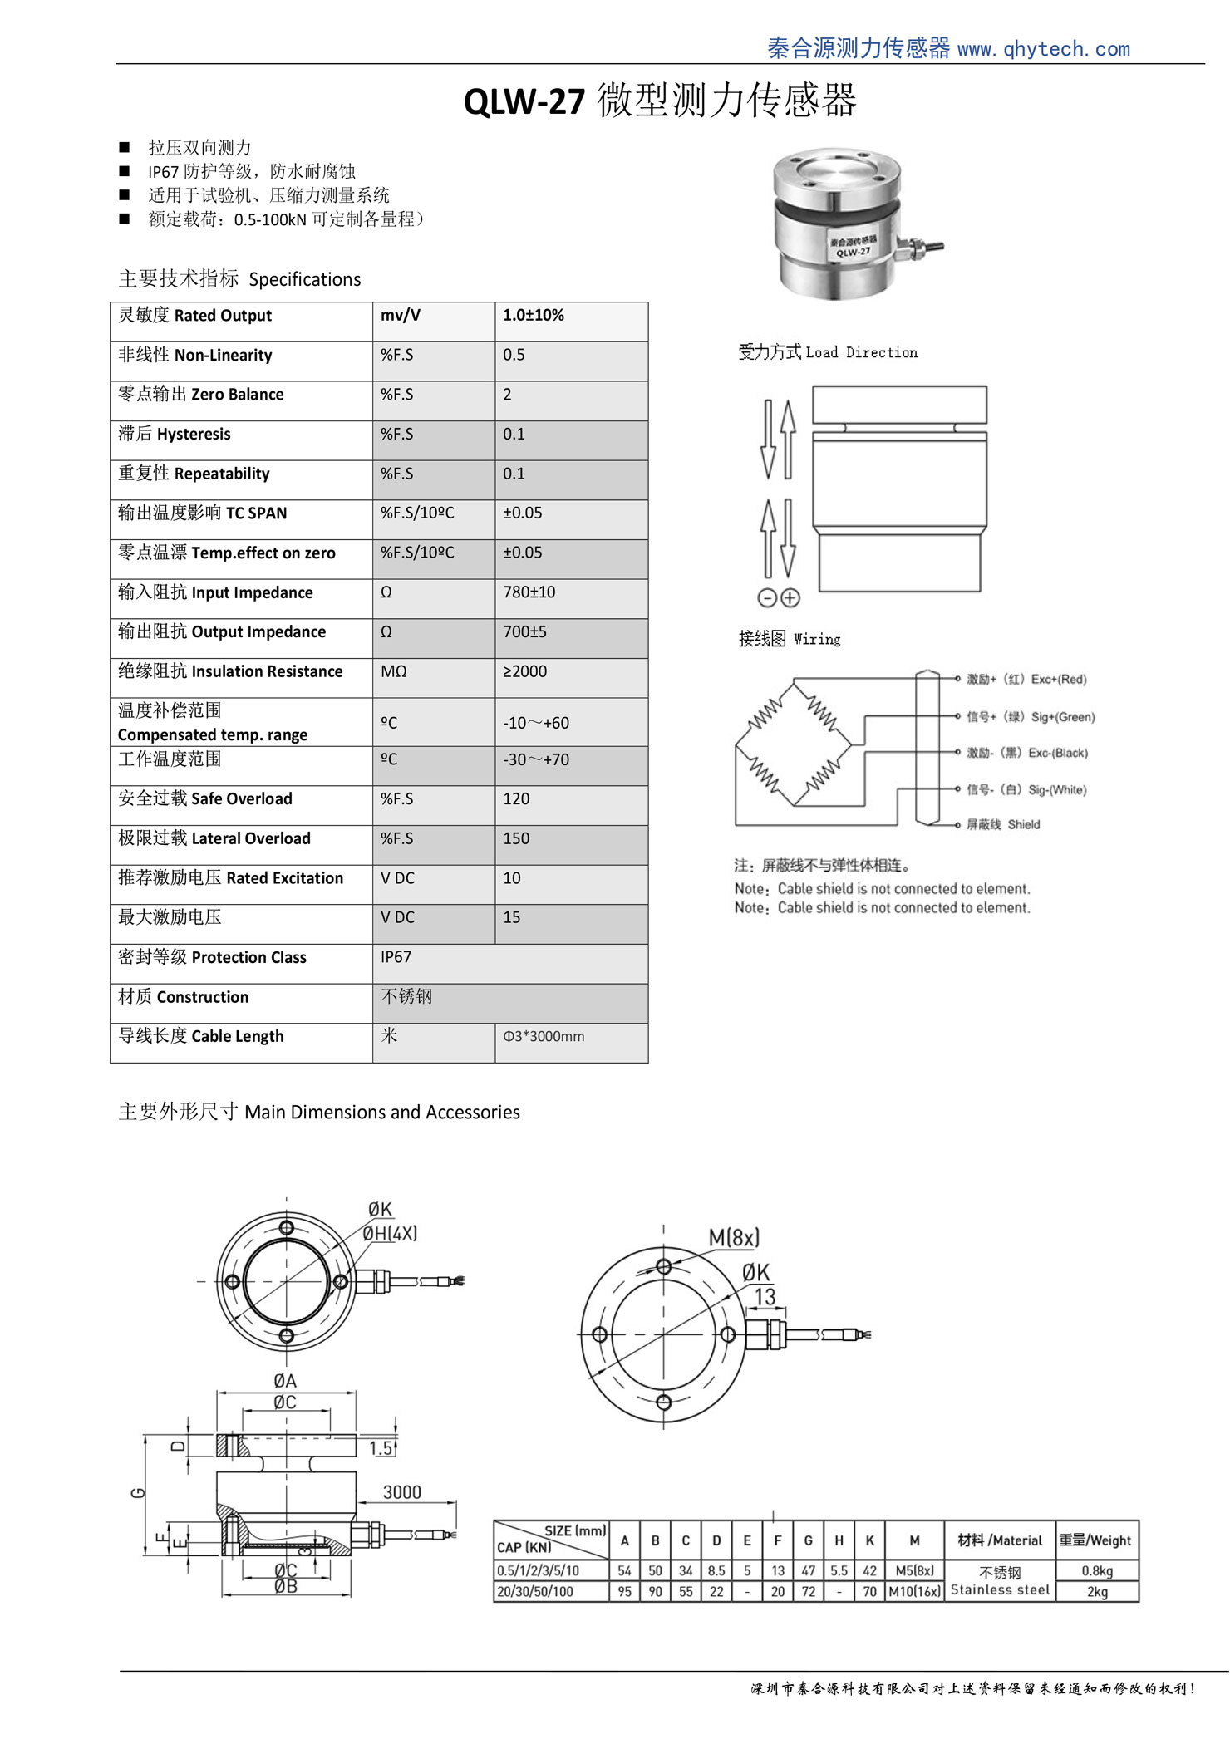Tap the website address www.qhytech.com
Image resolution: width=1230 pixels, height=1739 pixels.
coord(1043,49)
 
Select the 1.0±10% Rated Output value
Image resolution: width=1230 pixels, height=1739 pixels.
coord(534,316)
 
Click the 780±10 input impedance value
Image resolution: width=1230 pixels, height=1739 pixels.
coord(529,592)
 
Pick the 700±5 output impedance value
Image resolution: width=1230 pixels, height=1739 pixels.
coord(524,632)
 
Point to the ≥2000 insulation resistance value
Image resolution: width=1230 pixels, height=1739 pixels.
coord(524,671)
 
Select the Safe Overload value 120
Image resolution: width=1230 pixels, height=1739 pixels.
coord(516,799)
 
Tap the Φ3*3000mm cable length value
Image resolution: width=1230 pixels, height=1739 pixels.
coord(544,1037)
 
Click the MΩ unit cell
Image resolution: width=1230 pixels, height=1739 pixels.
coord(394,671)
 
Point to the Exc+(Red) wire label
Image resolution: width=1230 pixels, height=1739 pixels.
coord(1058,680)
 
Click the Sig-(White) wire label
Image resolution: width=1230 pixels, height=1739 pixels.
coord(1056,790)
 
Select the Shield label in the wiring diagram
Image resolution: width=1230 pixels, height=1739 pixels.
coord(1023,825)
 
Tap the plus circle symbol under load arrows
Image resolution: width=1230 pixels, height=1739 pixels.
coord(790,597)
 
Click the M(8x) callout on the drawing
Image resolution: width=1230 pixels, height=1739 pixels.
coord(734,1238)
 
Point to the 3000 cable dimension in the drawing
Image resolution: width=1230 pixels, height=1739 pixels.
coord(402,1493)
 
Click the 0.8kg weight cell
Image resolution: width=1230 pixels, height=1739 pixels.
coord(1097,1571)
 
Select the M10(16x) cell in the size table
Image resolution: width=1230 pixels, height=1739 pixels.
coord(914,1592)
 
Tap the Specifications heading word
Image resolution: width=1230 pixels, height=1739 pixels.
coord(305,280)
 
